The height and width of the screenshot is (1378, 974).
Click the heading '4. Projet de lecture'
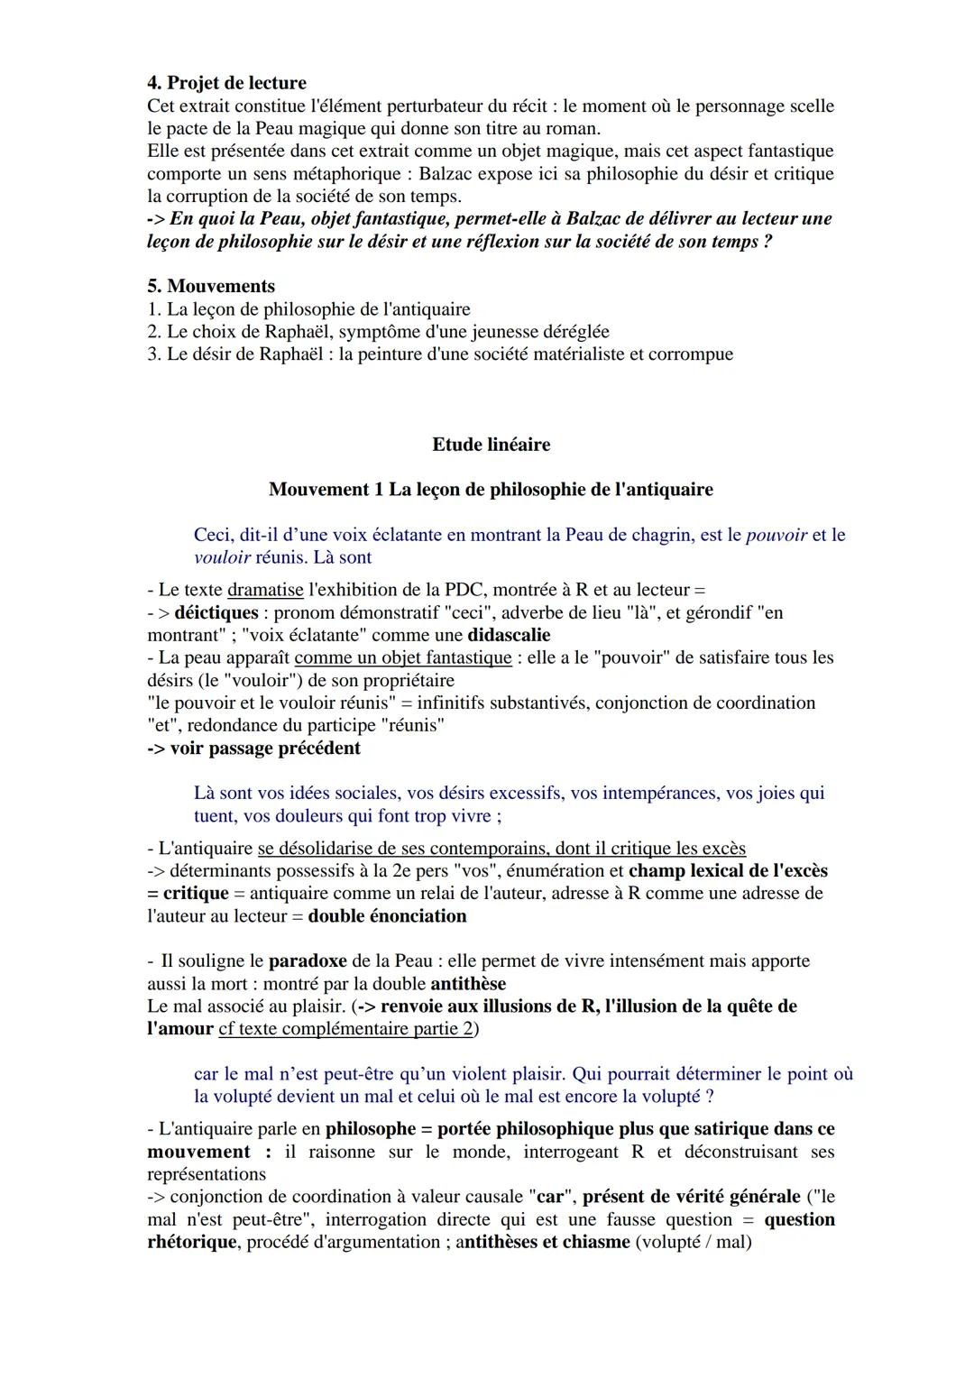[226, 84]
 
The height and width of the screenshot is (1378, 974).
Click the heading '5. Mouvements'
[211, 287]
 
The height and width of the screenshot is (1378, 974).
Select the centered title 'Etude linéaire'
[491, 445]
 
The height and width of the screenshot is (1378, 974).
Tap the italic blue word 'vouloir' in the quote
[222, 558]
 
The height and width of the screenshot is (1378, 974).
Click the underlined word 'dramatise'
[265, 591]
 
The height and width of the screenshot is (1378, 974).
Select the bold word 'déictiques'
[216, 613]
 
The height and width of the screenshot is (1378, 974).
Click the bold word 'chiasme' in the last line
[596, 1243]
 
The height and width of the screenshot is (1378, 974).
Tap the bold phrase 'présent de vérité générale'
[692, 1198]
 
